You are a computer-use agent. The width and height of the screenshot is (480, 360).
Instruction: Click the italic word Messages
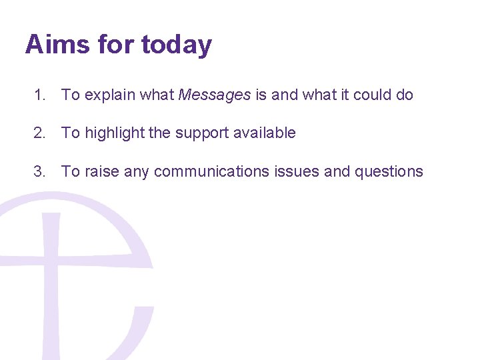215,95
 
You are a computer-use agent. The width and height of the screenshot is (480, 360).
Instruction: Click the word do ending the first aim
405,95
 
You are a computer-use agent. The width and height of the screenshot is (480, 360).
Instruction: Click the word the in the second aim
160,133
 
